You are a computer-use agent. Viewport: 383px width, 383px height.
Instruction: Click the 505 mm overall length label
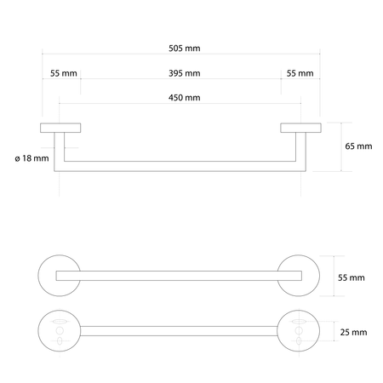(x=185, y=49)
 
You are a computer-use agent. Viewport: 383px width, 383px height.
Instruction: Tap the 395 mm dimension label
(x=185, y=73)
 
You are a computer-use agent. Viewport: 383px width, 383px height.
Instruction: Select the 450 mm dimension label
(x=185, y=98)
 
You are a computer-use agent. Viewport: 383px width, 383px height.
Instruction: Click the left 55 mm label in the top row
(x=64, y=73)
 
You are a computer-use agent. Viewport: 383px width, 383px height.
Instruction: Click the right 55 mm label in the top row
(x=300, y=73)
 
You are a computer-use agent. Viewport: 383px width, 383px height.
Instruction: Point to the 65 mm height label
(x=358, y=146)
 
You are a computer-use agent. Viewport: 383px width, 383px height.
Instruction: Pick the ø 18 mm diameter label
(x=31, y=158)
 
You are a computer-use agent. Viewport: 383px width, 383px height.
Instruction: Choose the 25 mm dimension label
(x=353, y=332)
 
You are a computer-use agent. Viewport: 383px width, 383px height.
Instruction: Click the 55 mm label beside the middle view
(x=352, y=277)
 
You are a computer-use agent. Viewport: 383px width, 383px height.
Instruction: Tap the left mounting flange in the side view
(x=60, y=128)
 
